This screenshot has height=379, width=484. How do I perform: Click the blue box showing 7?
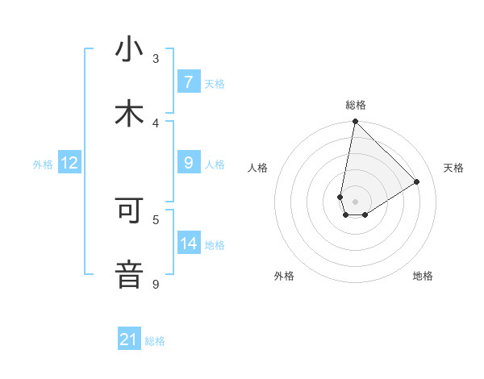point(188,82)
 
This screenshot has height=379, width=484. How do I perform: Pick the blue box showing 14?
point(188,244)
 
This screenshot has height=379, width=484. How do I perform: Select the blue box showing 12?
point(69,163)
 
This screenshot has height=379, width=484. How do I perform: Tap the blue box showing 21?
point(129,339)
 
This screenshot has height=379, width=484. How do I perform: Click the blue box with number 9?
point(188,163)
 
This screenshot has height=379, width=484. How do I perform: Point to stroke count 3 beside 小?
point(156,58)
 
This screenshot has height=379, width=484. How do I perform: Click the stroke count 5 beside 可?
point(156,219)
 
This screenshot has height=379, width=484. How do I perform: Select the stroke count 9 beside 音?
point(156,284)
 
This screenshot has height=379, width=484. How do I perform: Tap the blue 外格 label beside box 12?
point(43,164)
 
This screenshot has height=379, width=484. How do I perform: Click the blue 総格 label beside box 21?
point(155,341)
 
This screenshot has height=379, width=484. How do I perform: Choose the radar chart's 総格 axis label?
point(356,105)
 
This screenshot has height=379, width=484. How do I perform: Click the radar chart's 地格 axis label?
point(423,276)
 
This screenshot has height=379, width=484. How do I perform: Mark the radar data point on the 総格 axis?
point(355,122)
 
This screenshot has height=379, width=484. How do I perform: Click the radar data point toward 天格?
point(417,182)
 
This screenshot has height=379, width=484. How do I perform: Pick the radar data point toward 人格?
point(340,197)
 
